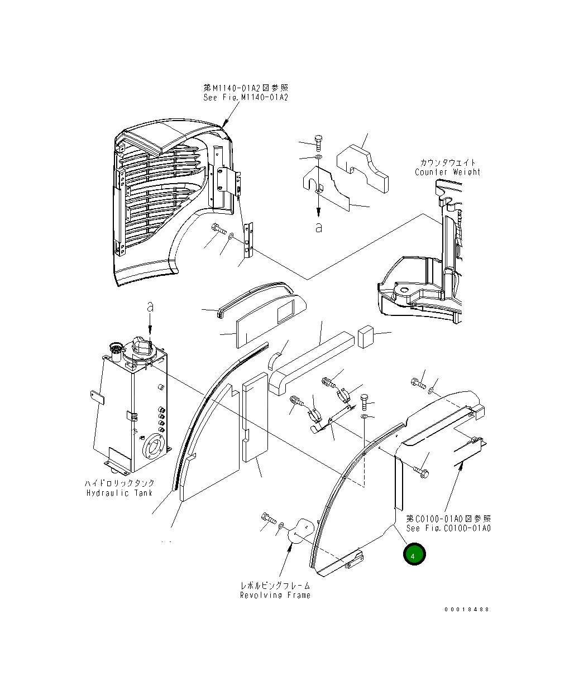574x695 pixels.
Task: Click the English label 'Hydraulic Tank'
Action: point(119,493)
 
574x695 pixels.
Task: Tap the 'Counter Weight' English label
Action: point(447,172)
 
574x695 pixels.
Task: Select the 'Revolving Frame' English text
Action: point(275,595)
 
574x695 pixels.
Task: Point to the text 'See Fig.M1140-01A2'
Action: point(246,98)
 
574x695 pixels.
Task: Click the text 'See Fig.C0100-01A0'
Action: point(448,528)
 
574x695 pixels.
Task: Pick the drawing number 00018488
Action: point(466,609)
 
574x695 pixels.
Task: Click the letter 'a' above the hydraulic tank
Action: point(150,306)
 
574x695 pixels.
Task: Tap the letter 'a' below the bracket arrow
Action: point(318,228)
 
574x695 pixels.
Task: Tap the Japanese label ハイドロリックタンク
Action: point(119,483)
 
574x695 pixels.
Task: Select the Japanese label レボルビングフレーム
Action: point(275,586)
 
